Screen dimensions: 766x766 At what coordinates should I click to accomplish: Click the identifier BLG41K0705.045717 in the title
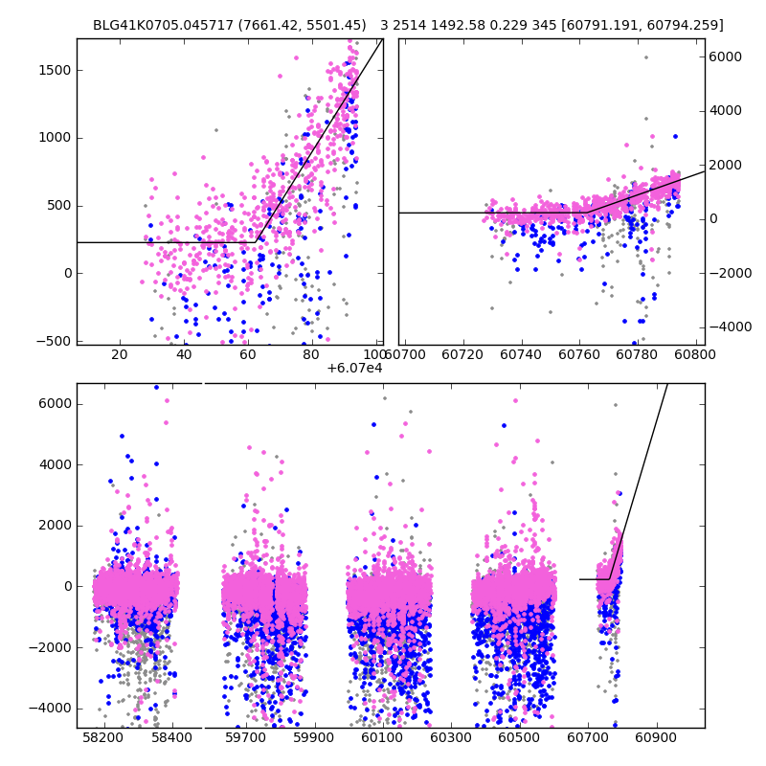(x=153, y=25)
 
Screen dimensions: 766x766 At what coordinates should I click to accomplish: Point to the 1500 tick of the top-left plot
(x=55, y=70)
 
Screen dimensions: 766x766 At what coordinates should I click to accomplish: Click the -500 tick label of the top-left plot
(x=55, y=341)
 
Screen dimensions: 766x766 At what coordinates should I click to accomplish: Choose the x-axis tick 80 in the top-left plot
(x=311, y=356)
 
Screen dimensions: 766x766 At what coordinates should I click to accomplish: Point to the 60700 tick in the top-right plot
(x=406, y=356)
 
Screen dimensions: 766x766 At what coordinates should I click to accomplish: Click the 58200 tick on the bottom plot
(x=102, y=739)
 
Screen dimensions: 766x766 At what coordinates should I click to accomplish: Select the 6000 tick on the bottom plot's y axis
(x=55, y=403)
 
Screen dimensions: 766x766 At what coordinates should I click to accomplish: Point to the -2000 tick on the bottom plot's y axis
(x=55, y=647)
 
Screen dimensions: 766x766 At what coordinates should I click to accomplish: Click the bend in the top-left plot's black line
(x=256, y=242)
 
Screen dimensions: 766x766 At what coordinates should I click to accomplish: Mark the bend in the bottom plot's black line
(x=610, y=578)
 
